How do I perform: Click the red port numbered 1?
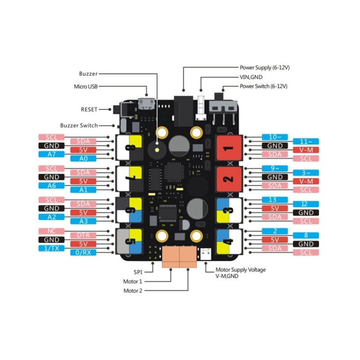coord(229,148)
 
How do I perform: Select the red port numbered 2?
coord(229,179)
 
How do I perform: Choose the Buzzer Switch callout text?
coord(79,126)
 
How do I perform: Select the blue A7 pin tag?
coord(52,154)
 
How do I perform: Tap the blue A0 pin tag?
coord(83,158)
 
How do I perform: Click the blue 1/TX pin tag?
coord(52,248)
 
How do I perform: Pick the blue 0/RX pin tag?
coord(83,252)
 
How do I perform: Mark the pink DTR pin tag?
coord(83,235)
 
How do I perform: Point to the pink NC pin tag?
coord(52,231)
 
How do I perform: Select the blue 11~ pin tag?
coord(306,141)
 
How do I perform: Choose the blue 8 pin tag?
coord(306,235)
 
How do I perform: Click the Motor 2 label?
coord(133,291)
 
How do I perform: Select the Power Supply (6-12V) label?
coord(265,67)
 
